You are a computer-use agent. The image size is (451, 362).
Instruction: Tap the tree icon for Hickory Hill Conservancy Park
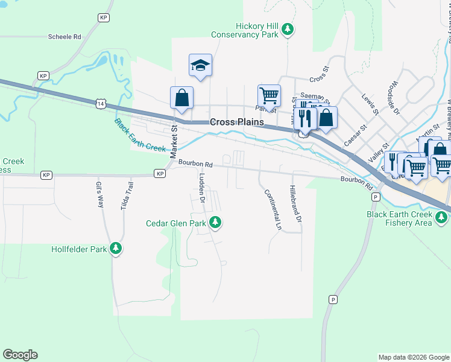tap(288, 28)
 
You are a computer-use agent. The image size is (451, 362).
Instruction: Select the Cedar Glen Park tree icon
tap(214, 223)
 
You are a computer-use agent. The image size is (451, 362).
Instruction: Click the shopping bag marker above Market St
tap(182, 97)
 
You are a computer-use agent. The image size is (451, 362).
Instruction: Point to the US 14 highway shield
tap(99, 104)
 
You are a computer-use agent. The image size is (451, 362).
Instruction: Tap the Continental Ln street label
tap(272, 210)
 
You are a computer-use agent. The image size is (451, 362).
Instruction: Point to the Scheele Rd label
tap(65, 37)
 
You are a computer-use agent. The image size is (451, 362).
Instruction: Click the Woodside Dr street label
tap(396, 98)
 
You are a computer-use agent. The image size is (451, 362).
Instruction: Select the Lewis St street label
tap(370, 103)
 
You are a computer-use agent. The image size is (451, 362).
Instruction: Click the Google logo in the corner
tap(20, 355)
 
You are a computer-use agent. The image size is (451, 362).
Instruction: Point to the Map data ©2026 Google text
tap(413, 357)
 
